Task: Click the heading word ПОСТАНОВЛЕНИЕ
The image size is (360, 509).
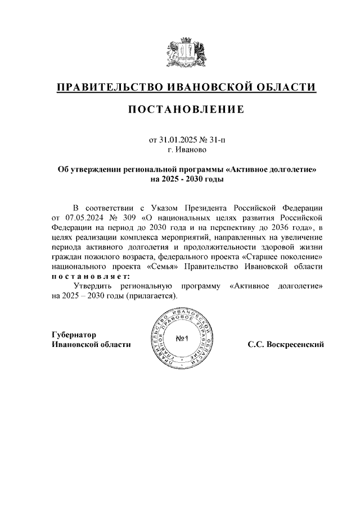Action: (x=186, y=110)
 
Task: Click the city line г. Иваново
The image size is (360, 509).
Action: (x=187, y=150)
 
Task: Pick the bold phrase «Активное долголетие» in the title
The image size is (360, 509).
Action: (x=270, y=169)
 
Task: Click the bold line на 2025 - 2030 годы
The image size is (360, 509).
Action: (x=187, y=179)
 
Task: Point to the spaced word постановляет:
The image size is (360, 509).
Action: (x=91, y=277)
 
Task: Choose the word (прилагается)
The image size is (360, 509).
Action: (x=151, y=296)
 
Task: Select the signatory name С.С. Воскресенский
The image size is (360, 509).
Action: (x=285, y=344)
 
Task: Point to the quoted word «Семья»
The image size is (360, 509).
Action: (x=165, y=267)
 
